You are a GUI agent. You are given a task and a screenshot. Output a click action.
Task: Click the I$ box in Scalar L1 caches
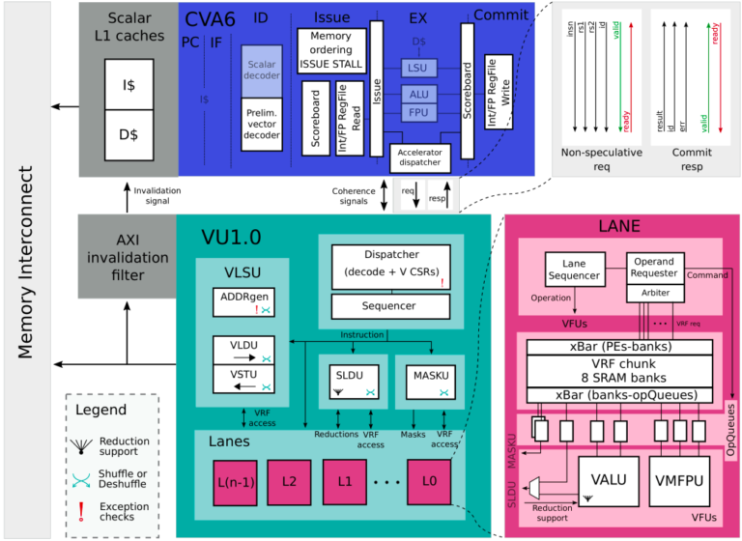point(128,84)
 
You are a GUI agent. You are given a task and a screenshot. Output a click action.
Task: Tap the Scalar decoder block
point(261,71)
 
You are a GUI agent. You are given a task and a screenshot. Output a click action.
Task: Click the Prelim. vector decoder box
point(261,125)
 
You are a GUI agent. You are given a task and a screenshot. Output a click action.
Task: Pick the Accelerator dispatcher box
point(420,157)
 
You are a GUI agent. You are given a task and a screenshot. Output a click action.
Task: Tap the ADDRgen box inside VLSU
point(243,301)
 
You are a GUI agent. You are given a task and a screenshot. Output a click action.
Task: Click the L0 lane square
point(429,481)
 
